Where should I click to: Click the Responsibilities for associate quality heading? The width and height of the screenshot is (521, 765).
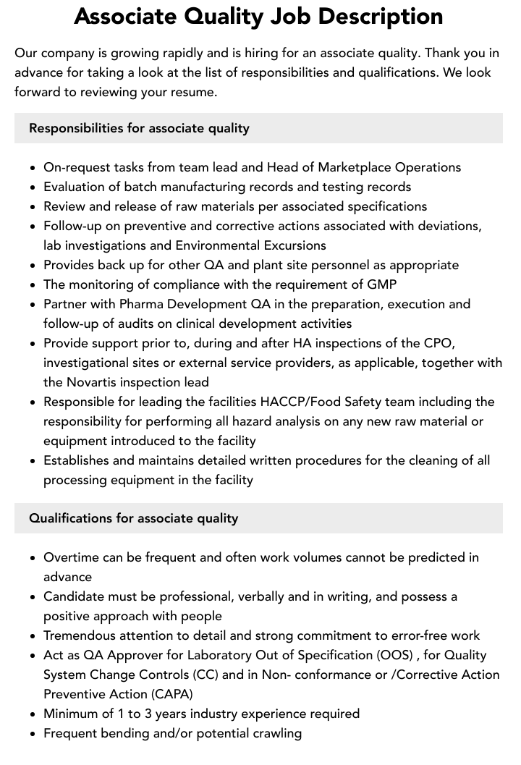[139, 128]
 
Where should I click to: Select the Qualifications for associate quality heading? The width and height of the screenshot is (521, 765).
[133, 518]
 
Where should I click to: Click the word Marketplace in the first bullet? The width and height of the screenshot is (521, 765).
[356, 167]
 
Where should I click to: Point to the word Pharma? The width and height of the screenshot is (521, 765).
[140, 304]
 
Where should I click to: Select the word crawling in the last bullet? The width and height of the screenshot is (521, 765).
[275, 733]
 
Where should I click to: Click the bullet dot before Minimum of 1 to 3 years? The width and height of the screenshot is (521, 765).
[33, 714]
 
